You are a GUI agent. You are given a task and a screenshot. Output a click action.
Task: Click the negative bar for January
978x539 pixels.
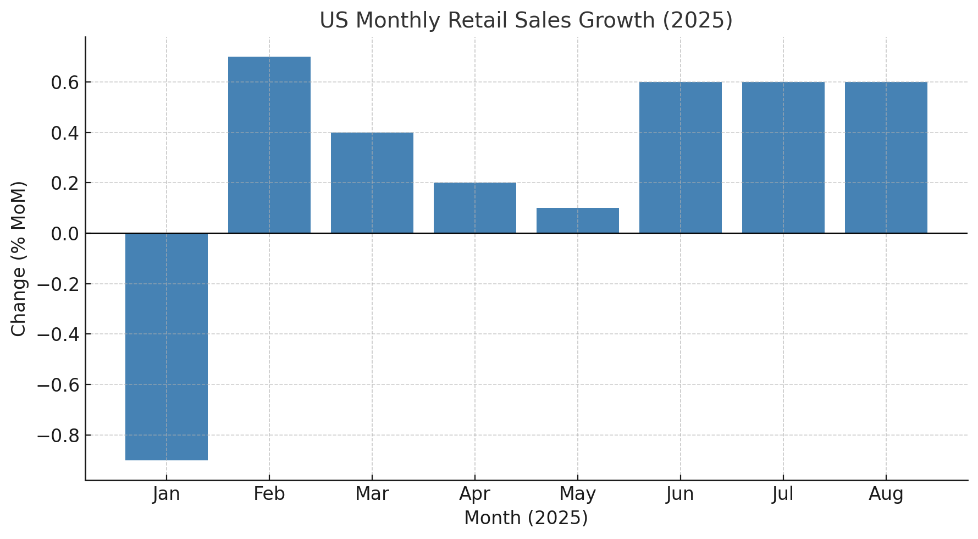[x=167, y=346]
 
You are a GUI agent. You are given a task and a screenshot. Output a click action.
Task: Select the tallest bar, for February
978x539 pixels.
[x=269, y=145]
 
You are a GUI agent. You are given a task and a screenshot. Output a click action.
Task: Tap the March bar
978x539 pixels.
[x=372, y=183]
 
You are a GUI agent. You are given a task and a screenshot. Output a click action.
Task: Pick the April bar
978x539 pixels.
[x=475, y=208]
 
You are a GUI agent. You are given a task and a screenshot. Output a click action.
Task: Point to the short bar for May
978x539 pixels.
[x=578, y=221]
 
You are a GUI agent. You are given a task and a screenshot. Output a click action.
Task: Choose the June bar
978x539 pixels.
[x=681, y=157]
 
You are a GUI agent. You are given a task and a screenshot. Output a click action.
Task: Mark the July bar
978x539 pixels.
[x=783, y=157]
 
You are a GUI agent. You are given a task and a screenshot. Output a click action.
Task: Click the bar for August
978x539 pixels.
[x=886, y=157]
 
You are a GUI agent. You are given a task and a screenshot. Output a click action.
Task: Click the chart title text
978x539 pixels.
[x=526, y=21]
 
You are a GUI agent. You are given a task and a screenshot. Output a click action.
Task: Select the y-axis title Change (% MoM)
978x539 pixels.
[x=19, y=258]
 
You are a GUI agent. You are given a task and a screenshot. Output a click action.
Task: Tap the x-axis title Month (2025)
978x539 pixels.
[x=526, y=518]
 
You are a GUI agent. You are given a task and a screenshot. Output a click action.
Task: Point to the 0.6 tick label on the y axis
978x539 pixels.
[x=64, y=82]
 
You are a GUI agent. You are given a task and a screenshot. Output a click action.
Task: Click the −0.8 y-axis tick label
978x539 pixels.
[x=57, y=436]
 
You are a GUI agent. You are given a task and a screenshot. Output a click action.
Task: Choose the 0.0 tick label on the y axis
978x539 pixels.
[x=64, y=234]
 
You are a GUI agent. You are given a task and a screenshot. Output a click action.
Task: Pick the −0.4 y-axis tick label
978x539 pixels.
[x=57, y=334]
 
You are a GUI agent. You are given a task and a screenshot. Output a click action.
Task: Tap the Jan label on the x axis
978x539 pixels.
[x=167, y=494]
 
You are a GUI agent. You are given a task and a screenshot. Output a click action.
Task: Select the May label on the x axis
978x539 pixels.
[x=578, y=494]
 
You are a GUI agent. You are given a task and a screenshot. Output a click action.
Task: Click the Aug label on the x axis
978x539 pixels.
[x=886, y=494]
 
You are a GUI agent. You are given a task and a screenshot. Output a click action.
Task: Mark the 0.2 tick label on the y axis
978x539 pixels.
[x=64, y=183]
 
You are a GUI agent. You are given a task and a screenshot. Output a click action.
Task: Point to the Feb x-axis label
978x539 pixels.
[x=269, y=494]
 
